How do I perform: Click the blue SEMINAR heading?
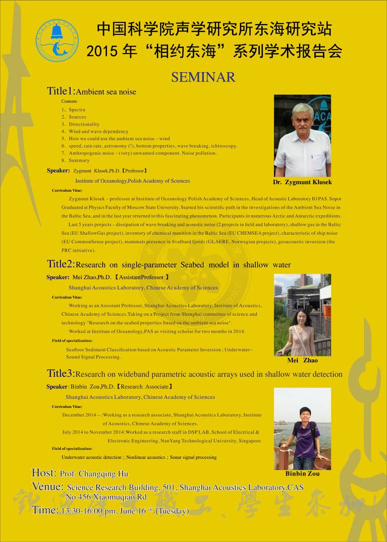pyautogui.click(x=203, y=77)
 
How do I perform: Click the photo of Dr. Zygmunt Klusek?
pyautogui.click(x=302, y=136)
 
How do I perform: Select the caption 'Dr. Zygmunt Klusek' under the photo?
pyautogui.click(x=302, y=182)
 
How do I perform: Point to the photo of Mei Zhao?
pyautogui.click(x=302, y=315)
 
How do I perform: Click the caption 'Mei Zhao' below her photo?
pyautogui.click(x=302, y=360)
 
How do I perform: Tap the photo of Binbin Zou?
pyautogui.click(x=302, y=428)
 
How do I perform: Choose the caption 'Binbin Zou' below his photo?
pyautogui.click(x=302, y=473)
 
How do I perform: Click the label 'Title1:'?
pyautogui.click(x=61, y=91)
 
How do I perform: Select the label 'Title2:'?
pyautogui.click(x=61, y=264)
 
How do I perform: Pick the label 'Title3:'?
pyautogui.click(x=61, y=373)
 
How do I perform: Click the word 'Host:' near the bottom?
pyautogui.click(x=44, y=473)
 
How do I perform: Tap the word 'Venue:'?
pyautogui.click(x=48, y=486)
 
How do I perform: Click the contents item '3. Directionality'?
pyautogui.click(x=81, y=124)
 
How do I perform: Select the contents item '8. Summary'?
pyautogui.click(x=76, y=161)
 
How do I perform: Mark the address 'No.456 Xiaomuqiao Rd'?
pyautogui.click(x=106, y=497)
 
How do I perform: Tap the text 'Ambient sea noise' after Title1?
pyautogui.click(x=106, y=92)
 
